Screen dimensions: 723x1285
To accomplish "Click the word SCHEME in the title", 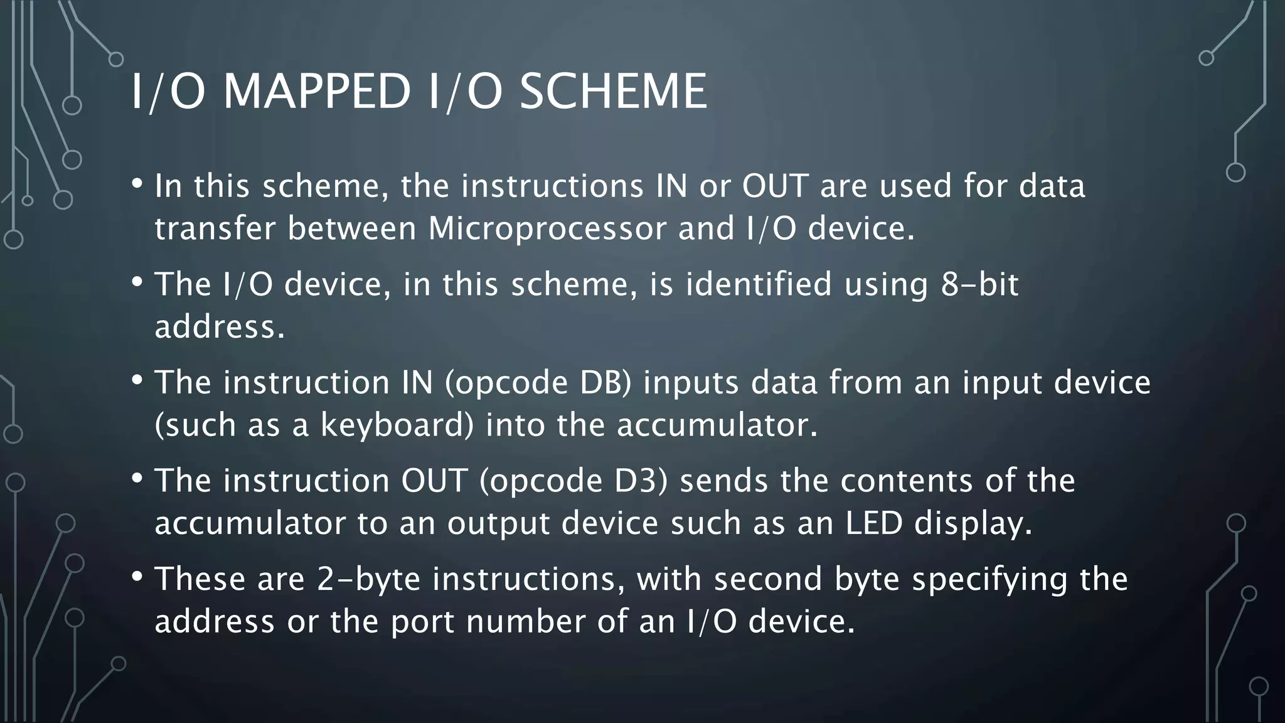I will [x=613, y=92].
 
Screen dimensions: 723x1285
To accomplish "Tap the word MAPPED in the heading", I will [x=316, y=92].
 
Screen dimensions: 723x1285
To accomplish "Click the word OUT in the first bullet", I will [x=775, y=186].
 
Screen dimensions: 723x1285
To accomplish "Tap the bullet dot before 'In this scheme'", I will [x=137, y=183].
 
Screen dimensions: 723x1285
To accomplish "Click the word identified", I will [x=759, y=284].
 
